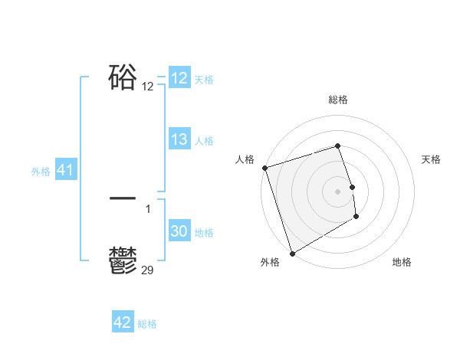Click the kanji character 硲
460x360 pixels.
click(123, 78)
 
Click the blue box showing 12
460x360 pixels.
click(179, 78)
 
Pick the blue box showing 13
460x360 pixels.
click(179, 139)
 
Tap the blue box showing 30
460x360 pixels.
click(179, 232)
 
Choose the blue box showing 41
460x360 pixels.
click(65, 171)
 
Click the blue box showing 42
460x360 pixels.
click(123, 322)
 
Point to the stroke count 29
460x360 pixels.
click(148, 270)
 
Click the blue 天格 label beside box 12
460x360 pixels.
click(204, 80)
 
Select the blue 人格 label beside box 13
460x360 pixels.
click(204, 141)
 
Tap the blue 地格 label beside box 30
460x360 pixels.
click(204, 233)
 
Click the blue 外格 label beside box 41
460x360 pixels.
click(41, 172)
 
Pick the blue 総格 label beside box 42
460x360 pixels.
click(147, 324)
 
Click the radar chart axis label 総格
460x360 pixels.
click(338, 100)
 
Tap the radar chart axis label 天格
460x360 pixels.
click(431, 159)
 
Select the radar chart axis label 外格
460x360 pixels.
click(270, 262)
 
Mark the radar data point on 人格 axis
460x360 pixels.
click(264, 168)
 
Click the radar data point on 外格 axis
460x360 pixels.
click(292, 253)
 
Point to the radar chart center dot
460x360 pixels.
click(338, 191)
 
